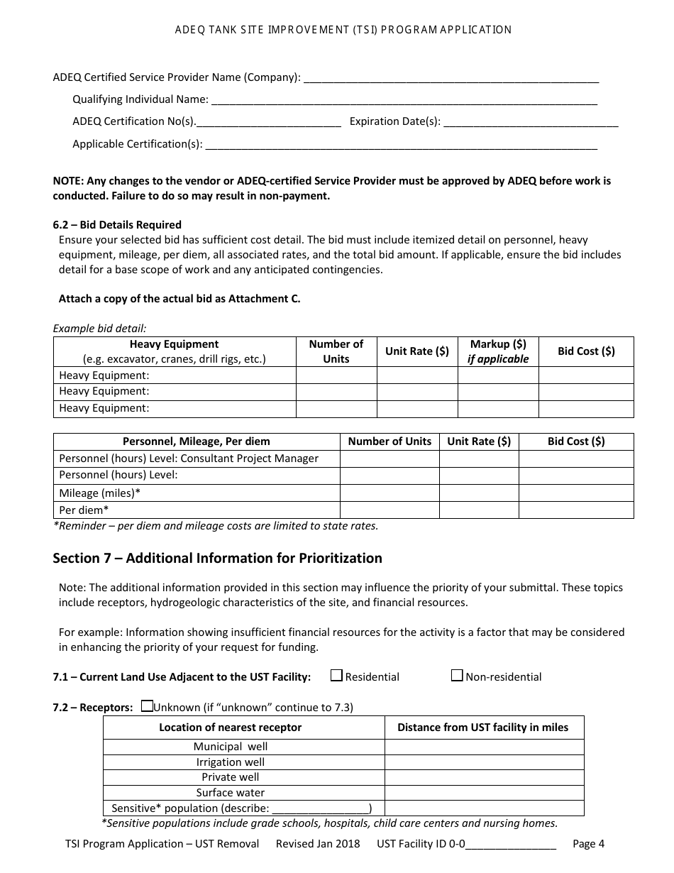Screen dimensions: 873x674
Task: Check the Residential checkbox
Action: [337, 676]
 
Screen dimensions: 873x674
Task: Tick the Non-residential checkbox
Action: [457, 676]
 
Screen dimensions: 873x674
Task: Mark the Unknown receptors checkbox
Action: [147, 706]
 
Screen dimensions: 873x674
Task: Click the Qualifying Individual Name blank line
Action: [404, 100]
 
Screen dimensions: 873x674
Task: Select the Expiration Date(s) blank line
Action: [531, 122]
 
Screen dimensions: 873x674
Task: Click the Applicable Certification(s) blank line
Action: [401, 145]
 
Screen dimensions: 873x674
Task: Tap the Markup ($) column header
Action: [498, 351]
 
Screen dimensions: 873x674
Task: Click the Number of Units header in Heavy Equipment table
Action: [336, 351]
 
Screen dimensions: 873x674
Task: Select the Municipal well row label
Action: [231, 747]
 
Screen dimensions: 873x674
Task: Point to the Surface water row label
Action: [231, 793]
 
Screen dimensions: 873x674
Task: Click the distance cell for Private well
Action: [485, 777]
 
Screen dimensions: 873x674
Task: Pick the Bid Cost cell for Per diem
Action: [576, 510]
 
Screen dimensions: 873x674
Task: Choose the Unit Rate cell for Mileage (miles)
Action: [479, 493]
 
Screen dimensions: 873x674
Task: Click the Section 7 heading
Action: [217, 559]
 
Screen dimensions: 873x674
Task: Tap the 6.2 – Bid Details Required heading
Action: [117, 225]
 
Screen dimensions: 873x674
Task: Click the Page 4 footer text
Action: [588, 844]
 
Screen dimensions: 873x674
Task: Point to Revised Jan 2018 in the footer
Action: [318, 844]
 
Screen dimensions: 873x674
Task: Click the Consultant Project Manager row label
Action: [189, 459]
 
